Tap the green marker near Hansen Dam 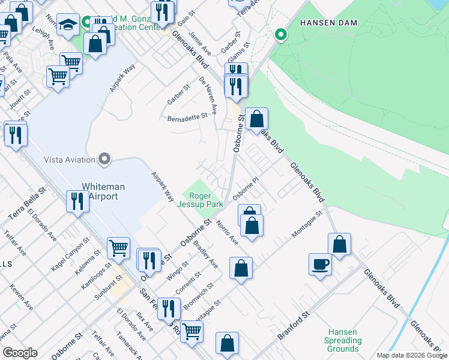click(280, 34)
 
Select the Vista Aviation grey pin click(105, 159)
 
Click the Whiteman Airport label click(103, 191)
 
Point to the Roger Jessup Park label click(206, 200)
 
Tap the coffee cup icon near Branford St click(320, 264)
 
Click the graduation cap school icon click(68, 26)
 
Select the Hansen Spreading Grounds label click(343, 340)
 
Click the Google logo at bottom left click(20, 353)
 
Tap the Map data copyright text click(412, 355)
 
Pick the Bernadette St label click(187, 117)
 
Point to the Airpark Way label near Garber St click(122, 79)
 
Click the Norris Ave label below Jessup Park click(228, 233)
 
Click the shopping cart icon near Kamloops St click(118, 247)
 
